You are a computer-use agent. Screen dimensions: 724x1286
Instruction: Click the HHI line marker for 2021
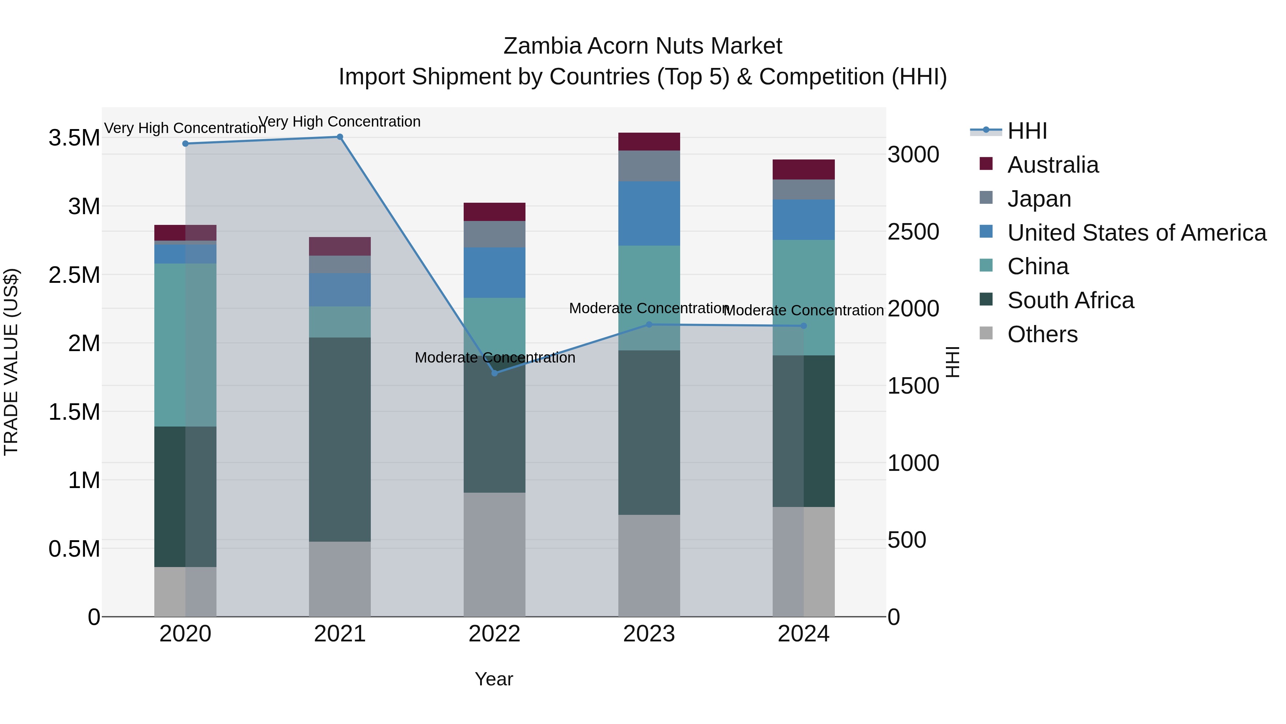click(339, 137)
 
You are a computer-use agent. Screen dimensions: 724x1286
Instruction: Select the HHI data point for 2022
click(495, 373)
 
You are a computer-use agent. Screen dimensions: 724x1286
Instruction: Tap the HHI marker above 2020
click(185, 143)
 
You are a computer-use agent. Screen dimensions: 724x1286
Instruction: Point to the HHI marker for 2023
click(649, 324)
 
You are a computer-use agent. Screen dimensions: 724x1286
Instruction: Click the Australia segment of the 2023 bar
click(649, 141)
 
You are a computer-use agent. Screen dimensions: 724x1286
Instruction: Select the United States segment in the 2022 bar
click(494, 272)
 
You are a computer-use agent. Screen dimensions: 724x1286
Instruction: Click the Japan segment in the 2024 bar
click(803, 189)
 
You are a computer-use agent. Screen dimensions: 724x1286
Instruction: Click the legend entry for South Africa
click(1070, 300)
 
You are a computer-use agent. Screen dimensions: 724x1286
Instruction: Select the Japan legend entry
click(1039, 199)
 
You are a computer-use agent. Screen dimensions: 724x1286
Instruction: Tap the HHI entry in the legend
click(1027, 131)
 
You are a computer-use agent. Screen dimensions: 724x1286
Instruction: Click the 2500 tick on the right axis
click(913, 232)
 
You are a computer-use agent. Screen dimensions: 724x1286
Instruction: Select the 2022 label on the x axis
click(494, 634)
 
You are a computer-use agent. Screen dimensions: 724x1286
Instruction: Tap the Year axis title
click(494, 679)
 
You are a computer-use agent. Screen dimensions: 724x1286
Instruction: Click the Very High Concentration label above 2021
click(339, 122)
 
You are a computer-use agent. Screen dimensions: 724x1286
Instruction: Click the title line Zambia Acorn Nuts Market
click(643, 46)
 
